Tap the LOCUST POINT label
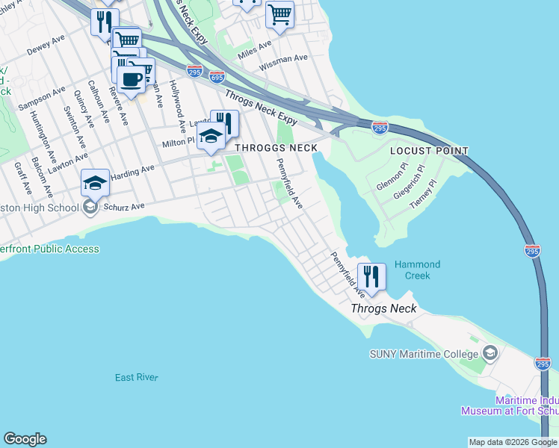click(x=429, y=151)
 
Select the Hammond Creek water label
click(x=417, y=270)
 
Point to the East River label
click(x=137, y=378)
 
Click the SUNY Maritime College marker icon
click(x=490, y=352)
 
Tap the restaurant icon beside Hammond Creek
click(x=371, y=276)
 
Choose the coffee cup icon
click(x=132, y=79)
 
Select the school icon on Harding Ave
click(x=96, y=182)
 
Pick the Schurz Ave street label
click(x=123, y=205)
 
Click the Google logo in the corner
click(x=25, y=439)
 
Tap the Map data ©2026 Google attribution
click(x=513, y=442)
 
